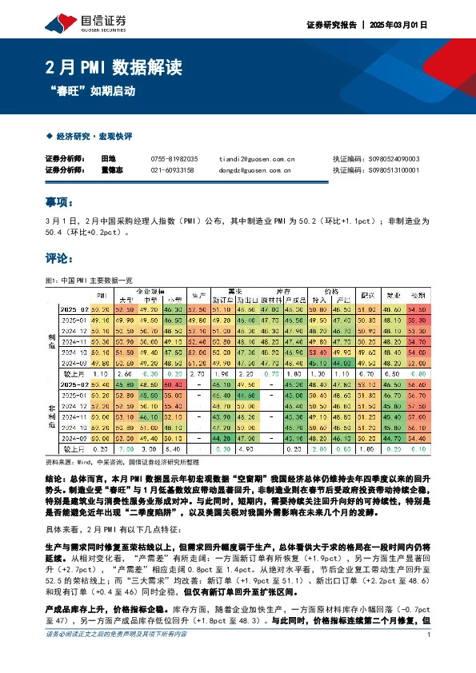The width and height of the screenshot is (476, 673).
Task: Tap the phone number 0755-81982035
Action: (174, 159)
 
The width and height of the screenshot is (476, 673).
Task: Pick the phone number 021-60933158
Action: (172, 169)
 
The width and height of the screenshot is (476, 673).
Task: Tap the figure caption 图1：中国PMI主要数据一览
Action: (88, 281)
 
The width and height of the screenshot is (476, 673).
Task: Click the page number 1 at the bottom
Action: (430, 657)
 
